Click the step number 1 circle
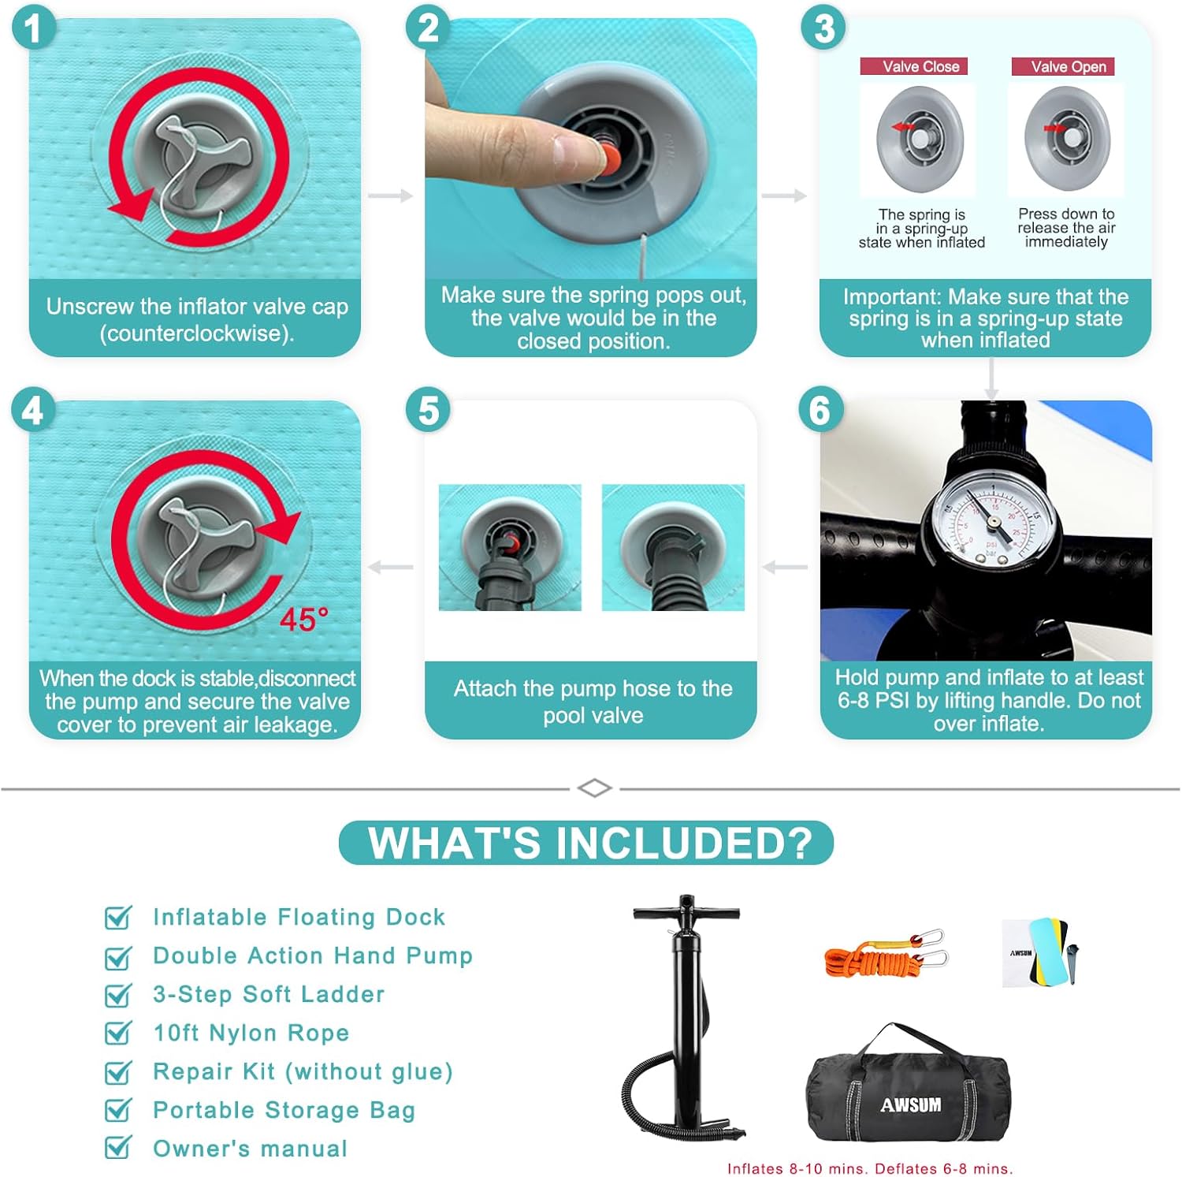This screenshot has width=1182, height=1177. point(33,29)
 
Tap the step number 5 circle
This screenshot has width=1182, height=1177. point(428,411)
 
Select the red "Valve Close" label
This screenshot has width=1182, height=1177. point(913,66)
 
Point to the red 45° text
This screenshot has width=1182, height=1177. point(304,620)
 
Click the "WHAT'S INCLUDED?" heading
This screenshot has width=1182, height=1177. point(588,842)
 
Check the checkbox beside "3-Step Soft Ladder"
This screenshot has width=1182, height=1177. point(118,995)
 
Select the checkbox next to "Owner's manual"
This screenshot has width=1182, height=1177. point(118,1147)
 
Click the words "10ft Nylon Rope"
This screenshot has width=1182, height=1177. point(251,1033)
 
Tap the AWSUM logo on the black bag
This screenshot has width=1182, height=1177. point(911,1104)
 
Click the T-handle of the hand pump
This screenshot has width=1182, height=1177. point(686,913)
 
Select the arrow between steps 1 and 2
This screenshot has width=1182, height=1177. point(391,196)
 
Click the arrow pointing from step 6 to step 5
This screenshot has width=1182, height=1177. point(786,567)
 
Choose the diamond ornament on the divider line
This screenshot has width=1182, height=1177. point(594,788)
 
